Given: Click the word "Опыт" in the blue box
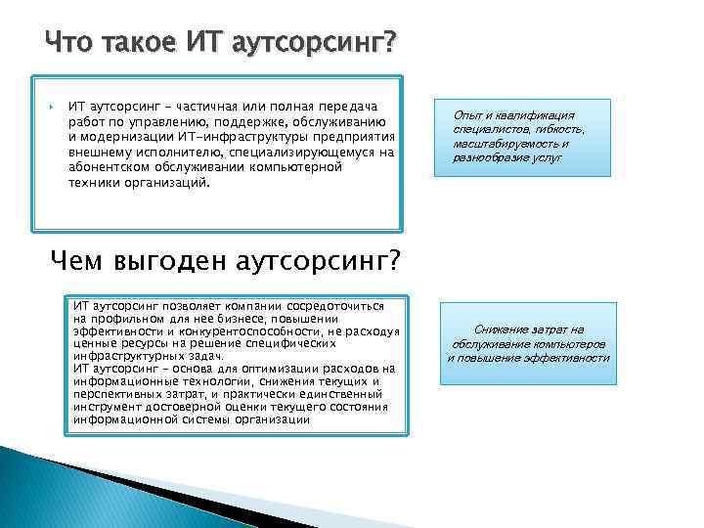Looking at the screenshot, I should coord(471,114).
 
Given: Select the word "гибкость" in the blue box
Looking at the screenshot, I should coord(559,128).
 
